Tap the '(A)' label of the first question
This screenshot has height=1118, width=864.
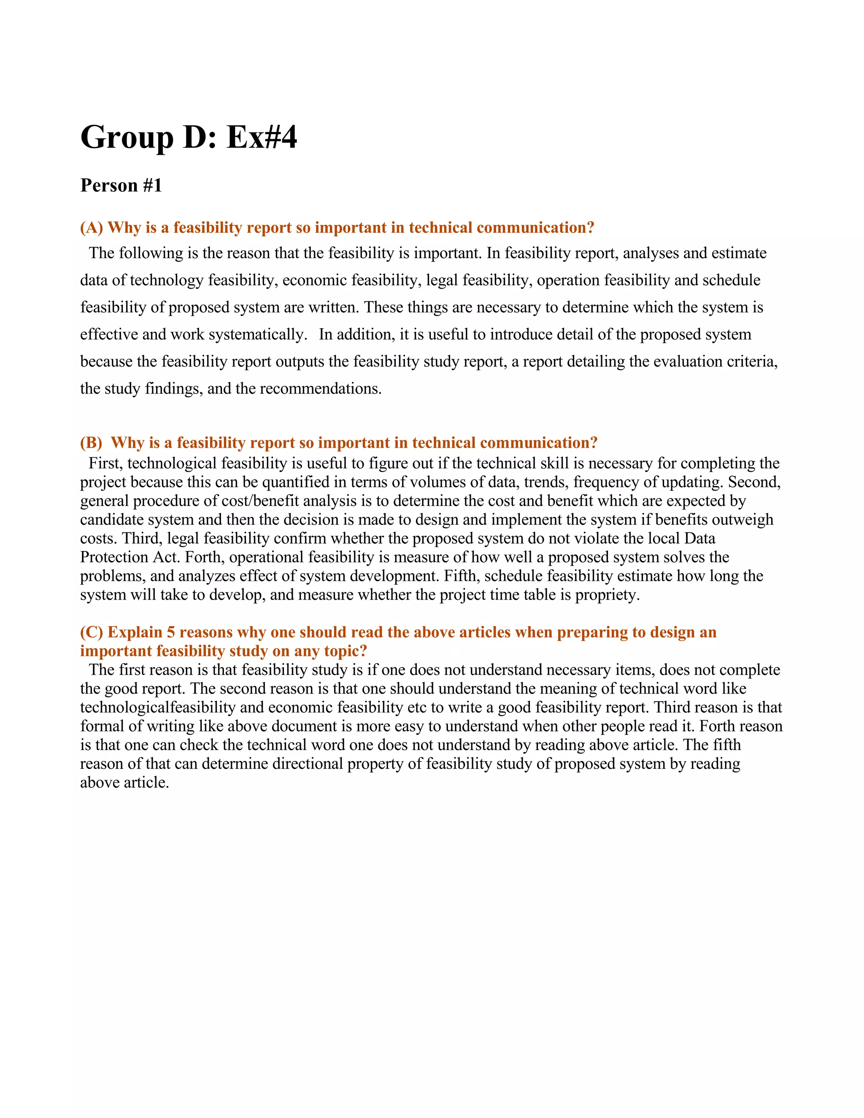click(92, 228)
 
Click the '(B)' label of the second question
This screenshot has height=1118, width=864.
click(92, 443)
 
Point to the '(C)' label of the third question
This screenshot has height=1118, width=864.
click(92, 632)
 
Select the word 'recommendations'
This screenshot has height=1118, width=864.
click(321, 389)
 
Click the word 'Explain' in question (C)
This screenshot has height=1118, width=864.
click(135, 632)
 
